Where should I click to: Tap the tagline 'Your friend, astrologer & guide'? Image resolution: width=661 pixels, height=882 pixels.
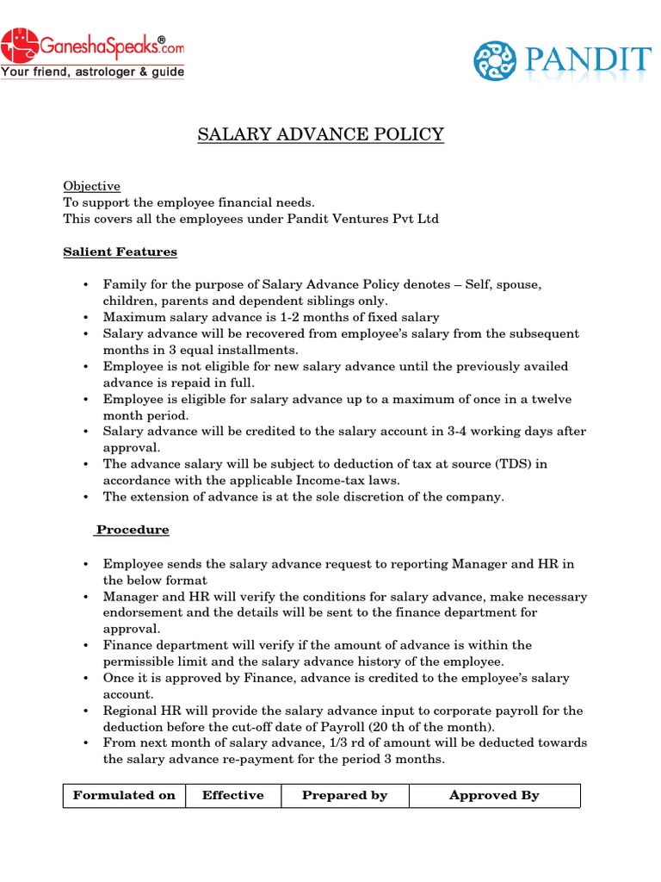(92, 72)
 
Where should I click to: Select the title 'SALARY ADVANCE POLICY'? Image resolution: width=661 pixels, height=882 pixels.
(321, 134)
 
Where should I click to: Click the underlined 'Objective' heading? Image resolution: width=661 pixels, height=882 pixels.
(91, 186)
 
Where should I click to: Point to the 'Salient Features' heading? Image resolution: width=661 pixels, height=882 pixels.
(120, 252)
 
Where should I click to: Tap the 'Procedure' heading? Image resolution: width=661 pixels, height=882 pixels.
(133, 530)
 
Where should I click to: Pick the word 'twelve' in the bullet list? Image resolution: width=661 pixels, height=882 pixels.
(548, 399)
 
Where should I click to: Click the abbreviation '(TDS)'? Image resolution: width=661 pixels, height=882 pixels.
(512, 464)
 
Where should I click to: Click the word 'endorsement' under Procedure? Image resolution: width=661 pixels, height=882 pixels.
(141, 612)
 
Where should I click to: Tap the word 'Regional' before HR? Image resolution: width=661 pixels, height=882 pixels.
(129, 711)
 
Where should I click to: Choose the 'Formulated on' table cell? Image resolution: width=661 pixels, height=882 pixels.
(124, 795)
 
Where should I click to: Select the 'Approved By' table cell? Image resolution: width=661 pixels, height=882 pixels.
(494, 795)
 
